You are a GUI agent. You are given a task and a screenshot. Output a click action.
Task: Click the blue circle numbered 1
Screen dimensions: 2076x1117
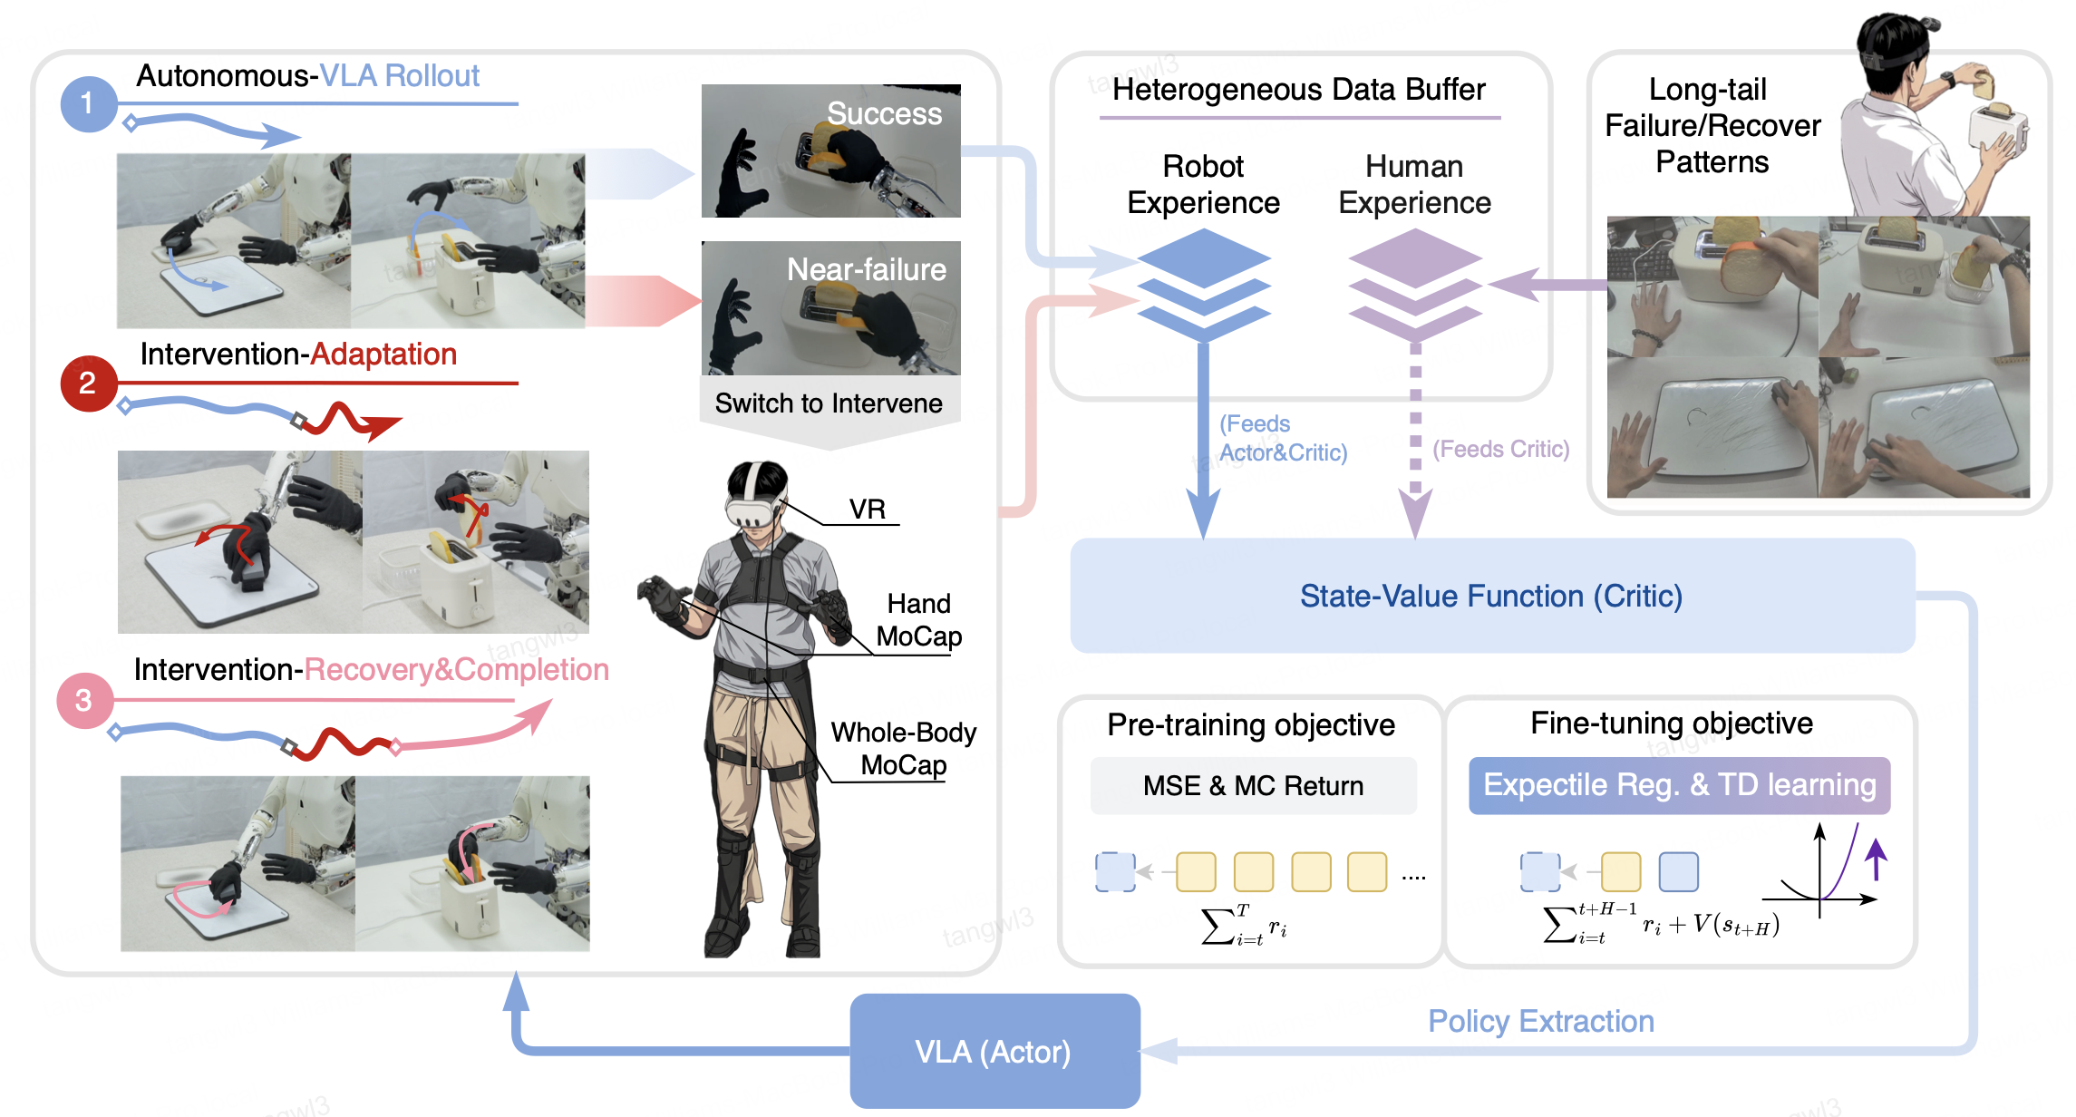point(88,103)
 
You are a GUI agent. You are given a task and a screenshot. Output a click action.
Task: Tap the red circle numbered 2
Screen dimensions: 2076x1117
point(88,383)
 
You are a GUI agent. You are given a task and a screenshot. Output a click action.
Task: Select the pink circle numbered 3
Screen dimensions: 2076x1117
point(84,700)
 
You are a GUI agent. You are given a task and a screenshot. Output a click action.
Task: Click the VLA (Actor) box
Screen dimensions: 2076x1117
point(994,1051)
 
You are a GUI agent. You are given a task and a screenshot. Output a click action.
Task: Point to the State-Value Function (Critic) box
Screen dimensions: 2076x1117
point(1492,596)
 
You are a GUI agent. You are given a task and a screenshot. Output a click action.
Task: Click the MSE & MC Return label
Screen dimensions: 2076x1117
point(1253,785)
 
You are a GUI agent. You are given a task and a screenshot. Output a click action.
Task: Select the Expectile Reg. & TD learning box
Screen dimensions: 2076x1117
point(1679,785)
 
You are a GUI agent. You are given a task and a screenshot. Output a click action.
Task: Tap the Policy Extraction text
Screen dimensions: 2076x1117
point(1541,1021)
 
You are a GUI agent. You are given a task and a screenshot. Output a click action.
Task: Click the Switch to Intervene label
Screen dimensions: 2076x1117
point(829,403)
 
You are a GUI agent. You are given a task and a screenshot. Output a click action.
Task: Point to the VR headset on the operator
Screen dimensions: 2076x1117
point(752,509)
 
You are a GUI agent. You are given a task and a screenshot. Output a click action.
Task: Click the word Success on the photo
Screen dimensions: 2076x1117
point(884,113)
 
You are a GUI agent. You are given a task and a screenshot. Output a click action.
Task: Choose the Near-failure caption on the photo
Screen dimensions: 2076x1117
point(866,269)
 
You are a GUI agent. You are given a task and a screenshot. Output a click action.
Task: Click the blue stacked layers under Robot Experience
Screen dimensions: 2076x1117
point(1204,285)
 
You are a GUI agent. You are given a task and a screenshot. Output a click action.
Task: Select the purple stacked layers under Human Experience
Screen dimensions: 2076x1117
point(1415,285)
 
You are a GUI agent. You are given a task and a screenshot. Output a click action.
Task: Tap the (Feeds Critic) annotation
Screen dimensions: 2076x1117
point(1500,449)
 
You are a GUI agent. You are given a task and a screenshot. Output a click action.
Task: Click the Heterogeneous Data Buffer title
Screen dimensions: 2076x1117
point(1298,90)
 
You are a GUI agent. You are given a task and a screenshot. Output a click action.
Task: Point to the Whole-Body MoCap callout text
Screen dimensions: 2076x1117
point(903,748)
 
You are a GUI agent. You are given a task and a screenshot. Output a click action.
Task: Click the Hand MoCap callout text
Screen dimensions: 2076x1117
point(919,619)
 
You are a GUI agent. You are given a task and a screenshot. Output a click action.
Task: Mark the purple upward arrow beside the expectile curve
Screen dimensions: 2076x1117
point(1877,860)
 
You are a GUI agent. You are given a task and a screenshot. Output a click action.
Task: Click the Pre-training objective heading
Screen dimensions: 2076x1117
point(1251,725)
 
